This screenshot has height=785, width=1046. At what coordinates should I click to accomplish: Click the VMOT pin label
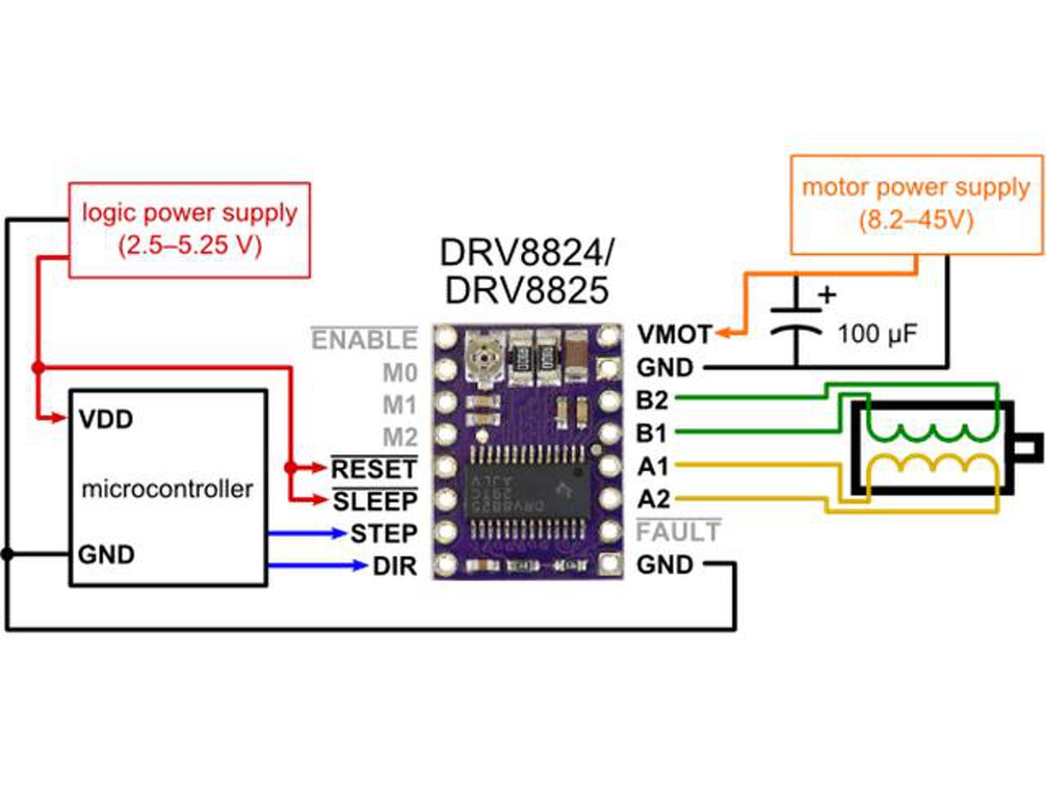[x=675, y=334]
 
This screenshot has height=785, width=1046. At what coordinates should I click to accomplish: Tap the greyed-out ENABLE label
[x=364, y=340]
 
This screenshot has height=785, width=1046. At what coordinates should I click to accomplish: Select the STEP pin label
[x=384, y=533]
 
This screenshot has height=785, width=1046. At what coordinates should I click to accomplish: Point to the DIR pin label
[x=395, y=566]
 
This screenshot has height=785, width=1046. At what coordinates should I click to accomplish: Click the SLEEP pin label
[x=376, y=501]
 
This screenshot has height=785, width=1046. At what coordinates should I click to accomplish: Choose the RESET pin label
[x=374, y=469]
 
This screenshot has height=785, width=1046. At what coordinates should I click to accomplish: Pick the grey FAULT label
[x=678, y=532]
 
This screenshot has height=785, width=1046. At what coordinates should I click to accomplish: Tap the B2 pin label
[x=652, y=401]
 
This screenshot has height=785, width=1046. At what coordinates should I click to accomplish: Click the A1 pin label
[x=652, y=467]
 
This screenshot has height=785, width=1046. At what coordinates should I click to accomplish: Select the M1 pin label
[x=400, y=405]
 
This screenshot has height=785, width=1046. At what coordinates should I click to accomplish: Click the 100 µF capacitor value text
[x=878, y=334]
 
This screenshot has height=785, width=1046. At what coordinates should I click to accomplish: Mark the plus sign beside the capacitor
[x=828, y=295]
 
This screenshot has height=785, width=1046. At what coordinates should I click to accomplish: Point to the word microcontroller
[x=168, y=489]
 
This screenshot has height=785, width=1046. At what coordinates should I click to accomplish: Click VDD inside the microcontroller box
[x=105, y=420]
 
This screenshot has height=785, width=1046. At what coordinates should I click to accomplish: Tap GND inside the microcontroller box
[x=106, y=554]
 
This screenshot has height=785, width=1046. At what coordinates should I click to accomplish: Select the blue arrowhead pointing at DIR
[x=359, y=566]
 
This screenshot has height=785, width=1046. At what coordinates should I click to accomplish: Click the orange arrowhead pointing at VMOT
[x=725, y=333]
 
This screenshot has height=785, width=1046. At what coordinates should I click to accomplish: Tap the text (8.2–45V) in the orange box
[x=916, y=221]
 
